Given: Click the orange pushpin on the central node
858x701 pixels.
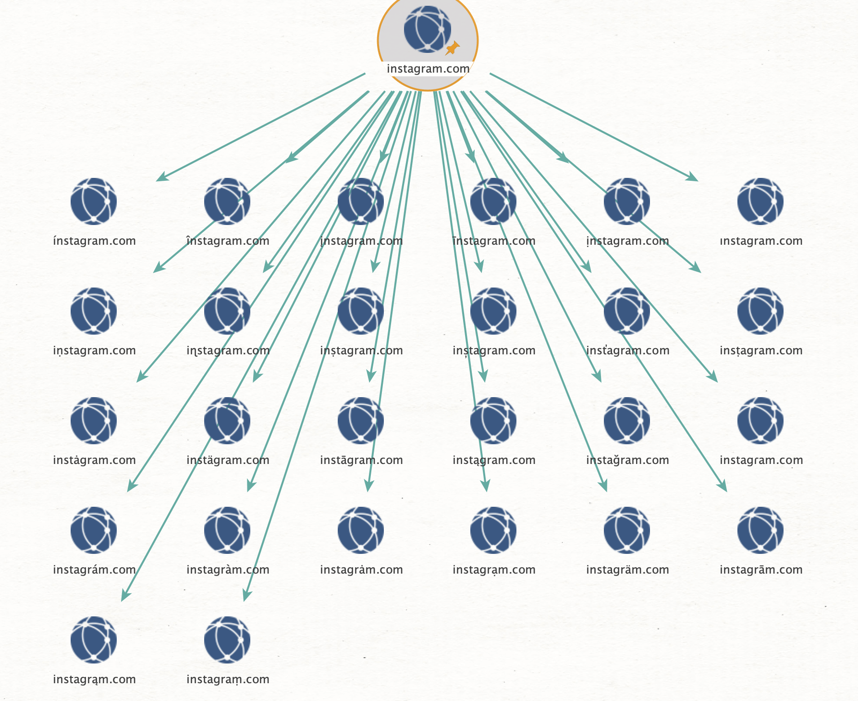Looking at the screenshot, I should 452,48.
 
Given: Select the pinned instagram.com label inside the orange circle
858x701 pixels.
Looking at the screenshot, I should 428,69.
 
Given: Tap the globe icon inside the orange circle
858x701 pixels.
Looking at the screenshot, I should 427,29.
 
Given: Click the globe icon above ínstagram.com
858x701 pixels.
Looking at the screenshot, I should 94,201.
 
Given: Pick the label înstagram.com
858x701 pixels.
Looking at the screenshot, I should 228,241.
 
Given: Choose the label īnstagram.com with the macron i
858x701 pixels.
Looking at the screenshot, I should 494,241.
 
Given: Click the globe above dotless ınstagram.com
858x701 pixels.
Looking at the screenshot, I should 760,201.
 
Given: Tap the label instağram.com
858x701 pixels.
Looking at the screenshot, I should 627,460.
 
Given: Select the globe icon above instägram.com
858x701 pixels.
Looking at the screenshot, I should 227,420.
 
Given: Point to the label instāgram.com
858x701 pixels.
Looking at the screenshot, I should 361,460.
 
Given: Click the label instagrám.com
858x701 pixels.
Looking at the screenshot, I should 94,570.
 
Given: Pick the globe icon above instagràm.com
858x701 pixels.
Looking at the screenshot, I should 227,530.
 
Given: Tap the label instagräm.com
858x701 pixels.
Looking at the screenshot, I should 627,570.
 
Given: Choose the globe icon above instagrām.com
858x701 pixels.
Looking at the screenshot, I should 760,530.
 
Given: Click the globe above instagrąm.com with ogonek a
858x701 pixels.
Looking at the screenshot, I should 94,639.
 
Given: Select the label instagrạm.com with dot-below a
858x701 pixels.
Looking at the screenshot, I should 494,570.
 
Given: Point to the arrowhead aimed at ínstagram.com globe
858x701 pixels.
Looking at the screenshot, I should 161,178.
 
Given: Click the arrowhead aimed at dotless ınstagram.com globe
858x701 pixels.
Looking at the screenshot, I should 693,178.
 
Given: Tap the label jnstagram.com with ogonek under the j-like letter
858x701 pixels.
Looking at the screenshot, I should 361,241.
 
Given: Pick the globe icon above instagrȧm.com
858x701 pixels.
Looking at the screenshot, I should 361,530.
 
